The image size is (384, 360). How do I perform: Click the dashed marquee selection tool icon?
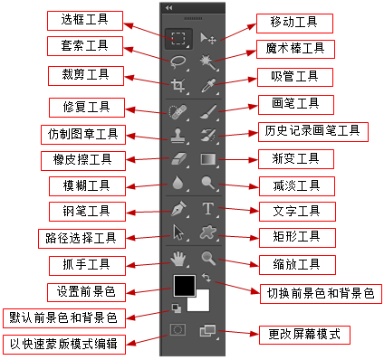[x=178, y=38]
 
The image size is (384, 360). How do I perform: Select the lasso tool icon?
[x=177, y=62]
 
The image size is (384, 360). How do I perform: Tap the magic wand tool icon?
[x=208, y=62]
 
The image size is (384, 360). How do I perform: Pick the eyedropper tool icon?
[x=208, y=85]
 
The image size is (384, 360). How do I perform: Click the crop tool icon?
[x=178, y=85]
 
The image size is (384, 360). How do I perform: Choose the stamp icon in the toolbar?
[x=178, y=135]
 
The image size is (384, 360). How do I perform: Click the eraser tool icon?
[x=178, y=158]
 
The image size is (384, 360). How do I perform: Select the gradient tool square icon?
[x=208, y=159]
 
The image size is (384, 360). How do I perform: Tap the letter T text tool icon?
[x=208, y=209]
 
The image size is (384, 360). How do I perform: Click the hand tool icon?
[x=178, y=259]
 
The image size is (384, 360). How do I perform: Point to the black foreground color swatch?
[x=184, y=286]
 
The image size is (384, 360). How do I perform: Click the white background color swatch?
[x=202, y=303]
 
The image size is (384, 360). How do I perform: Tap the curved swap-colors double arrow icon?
[x=206, y=278]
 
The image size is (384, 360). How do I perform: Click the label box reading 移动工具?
[x=294, y=24]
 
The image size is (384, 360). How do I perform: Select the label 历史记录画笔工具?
[x=313, y=132]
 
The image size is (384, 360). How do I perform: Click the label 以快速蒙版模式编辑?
[x=64, y=345]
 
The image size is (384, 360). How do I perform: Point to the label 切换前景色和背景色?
[x=321, y=294]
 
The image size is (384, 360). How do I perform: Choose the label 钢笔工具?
[x=87, y=212]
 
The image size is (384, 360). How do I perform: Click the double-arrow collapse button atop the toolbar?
[x=168, y=8]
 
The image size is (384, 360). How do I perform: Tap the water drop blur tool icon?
[x=178, y=183]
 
